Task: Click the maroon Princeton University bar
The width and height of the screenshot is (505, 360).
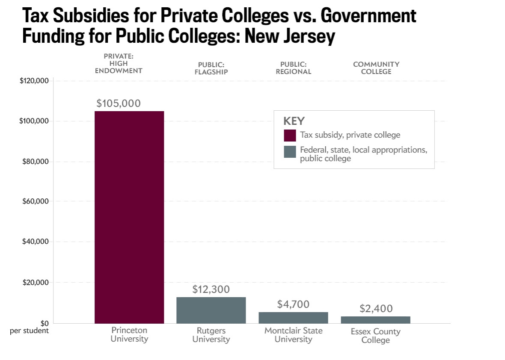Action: [x=129, y=217]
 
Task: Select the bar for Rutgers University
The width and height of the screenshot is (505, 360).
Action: [x=211, y=310]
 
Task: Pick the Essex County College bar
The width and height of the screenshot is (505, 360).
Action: [x=375, y=319]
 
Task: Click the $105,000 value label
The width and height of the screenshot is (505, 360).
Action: [x=119, y=103]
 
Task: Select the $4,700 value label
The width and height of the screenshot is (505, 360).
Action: [x=293, y=304]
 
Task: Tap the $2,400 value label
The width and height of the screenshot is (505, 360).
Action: [x=376, y=309]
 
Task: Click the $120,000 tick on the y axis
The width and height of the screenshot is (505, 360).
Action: [x=34, y=81]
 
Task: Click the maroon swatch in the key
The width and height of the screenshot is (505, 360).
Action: [x=290, y=135]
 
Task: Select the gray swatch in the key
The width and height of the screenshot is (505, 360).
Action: [x=290, y=152]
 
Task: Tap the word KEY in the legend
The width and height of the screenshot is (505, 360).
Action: [x=294, y=121]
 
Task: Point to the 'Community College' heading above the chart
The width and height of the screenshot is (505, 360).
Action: [x=376, y=68]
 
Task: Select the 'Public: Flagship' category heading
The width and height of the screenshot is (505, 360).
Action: [x=211, y=68]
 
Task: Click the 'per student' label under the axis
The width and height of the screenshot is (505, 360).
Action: [x=30, y=330]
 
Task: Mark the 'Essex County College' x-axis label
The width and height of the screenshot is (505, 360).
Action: [x=375, y=336]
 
